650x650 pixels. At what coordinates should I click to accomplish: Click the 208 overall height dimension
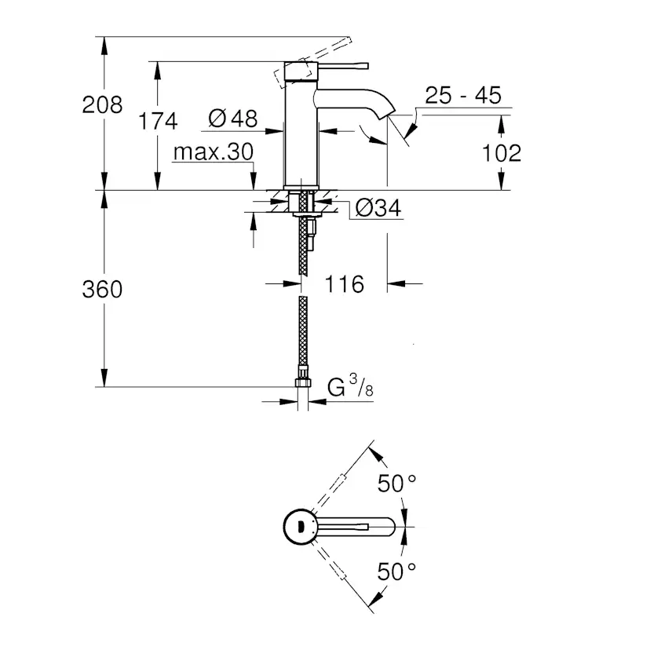pos(102,104)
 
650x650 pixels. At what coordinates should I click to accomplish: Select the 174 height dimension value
pos(158,121)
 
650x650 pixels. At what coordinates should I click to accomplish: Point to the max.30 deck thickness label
pos(213,152)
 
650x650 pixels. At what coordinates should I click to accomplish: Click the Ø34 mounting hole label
pos(378,208)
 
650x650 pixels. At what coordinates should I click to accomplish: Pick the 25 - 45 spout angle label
pos(462,96)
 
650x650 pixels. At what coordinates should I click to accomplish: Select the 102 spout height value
pos(502,152)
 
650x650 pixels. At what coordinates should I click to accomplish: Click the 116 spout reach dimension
pos(345,283)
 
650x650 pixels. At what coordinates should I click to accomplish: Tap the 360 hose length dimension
pos(102,289)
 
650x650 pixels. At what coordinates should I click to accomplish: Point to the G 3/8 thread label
pos(348,387)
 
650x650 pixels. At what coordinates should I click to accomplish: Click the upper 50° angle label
pos(396,484)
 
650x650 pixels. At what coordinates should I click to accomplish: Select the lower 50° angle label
pos(396,571)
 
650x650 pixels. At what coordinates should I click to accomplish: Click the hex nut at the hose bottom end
pos(302,384)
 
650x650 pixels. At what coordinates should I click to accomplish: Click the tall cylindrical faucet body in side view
pos(301,133)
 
